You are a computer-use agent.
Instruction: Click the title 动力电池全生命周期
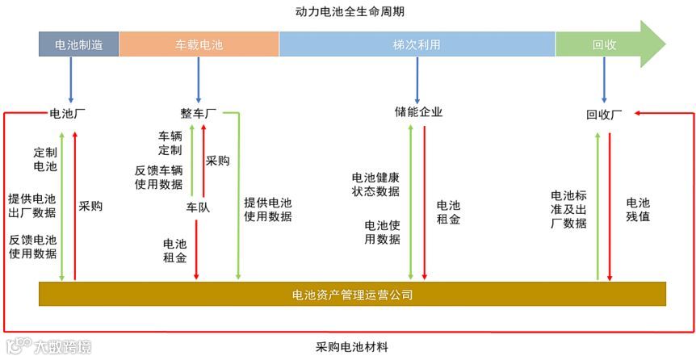coord(350,12)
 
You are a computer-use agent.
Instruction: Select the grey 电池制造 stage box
coord(78,44)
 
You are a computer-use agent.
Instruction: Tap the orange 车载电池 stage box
coord(199,44)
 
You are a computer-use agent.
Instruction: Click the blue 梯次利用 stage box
coord(417,44)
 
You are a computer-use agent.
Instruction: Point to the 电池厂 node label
coord(68,113)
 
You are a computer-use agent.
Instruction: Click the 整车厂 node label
coord(198,113)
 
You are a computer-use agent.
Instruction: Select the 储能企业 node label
coord(418,112)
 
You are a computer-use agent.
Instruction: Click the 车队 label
coord(198,207)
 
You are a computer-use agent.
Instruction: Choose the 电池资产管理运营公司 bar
coord(352,295)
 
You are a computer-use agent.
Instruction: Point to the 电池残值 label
coord(637,210)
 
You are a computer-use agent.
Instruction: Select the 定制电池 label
coord(45,159)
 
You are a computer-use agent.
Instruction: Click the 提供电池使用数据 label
coord(268,209)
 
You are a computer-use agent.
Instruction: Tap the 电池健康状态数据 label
coord(375,184)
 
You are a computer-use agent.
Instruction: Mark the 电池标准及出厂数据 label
coord(568,209)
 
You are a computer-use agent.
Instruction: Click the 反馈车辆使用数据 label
coord(159,177)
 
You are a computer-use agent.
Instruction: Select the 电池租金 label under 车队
coord(175,251)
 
